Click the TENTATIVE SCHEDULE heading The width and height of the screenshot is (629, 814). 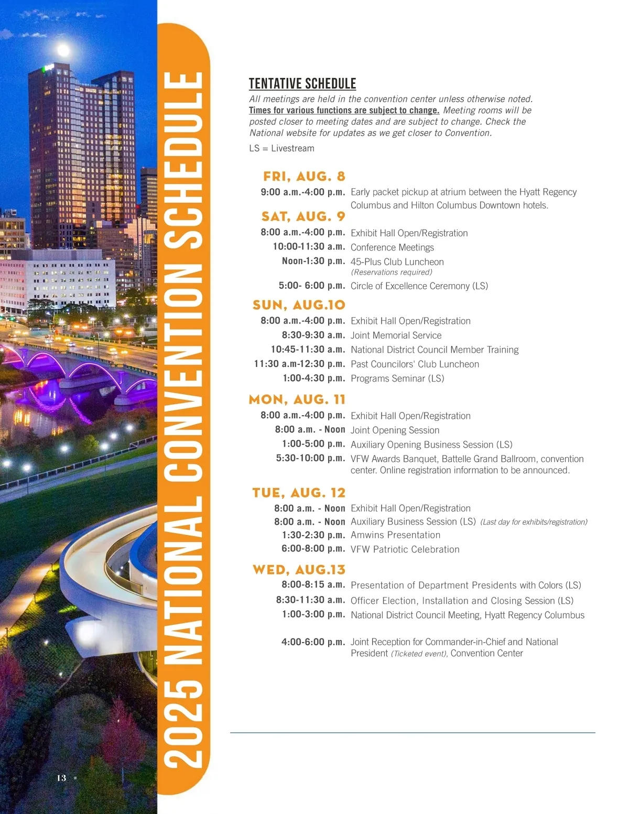click(x=302, y=84)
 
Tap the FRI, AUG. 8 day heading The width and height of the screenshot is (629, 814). click(x=304, y=176)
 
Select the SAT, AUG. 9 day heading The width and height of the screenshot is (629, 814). click(x=303, y=216)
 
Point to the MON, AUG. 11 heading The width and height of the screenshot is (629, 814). click(x=297, y=399)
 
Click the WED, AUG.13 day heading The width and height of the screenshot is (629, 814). click(x=299, y=570)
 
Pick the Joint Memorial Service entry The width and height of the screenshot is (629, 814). click(x=396, y=335)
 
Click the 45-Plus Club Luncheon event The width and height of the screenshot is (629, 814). click(x=397, y=262)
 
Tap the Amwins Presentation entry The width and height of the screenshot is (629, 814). click(x=395, y=535)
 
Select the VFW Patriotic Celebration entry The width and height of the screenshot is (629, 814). click(x=405, y=549)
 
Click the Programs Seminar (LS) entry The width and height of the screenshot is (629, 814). click(x=397, y=378)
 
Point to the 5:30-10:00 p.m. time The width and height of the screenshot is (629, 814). click(x=310, y=458)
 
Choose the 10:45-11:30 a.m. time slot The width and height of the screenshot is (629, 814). click(x=308, y=350)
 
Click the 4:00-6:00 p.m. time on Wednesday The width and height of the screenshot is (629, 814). click(x=313, y=642)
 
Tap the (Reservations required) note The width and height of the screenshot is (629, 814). click(x=391, y=272)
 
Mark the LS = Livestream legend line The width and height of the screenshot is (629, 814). click(x=281, y=148)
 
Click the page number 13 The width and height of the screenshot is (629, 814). click(x=61, y=778)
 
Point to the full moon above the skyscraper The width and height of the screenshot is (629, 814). click(x=63, y=50)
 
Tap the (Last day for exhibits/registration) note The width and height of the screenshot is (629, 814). click(x=534, y=522)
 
